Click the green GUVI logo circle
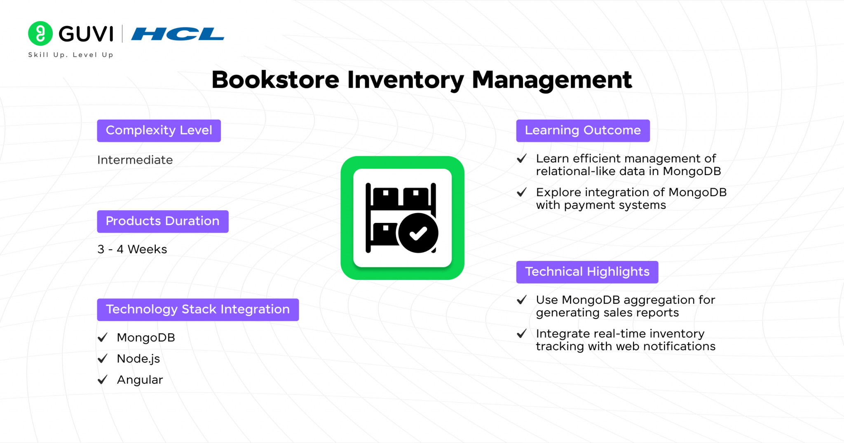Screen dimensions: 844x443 (x=40, y=33)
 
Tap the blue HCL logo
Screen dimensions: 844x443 (x=178, y=34)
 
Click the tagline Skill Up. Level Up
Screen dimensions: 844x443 (x=70, y=55)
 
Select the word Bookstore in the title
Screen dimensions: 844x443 (x=275, y=80)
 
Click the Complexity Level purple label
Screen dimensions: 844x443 (x=159, y=131)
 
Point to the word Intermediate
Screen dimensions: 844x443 (x=135, y=160)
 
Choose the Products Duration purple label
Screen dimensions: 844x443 (x=163, y=221)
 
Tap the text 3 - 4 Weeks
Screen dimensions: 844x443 (x=132, y=249)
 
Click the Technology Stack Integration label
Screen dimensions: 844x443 (x=198, y=309)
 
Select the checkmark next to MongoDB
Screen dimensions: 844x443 (x=103, y=338)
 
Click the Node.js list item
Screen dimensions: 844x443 (x=138, y=359)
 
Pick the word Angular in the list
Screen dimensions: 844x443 (x=140, y=380)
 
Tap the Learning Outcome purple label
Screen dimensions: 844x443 (x=583, y=131)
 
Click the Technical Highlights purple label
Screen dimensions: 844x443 (x=587, y=272)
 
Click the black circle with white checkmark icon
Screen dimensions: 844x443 (x=418, y=233)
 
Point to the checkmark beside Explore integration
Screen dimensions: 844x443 (x=522, y=192)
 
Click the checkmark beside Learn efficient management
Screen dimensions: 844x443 (x=522, y=158)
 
